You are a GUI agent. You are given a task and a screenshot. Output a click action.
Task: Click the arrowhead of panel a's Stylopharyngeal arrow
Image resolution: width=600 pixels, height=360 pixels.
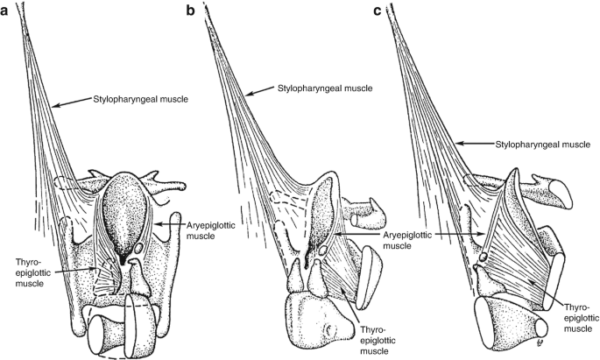pyautogui.click(x=52, y=106)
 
